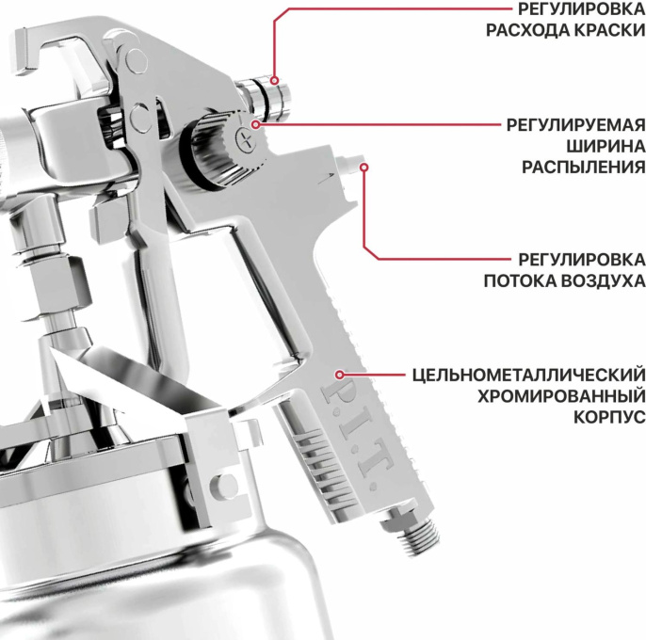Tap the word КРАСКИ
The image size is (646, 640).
604,29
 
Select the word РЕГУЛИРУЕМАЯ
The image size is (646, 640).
574,125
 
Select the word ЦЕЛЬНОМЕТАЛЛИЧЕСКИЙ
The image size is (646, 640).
528,376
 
